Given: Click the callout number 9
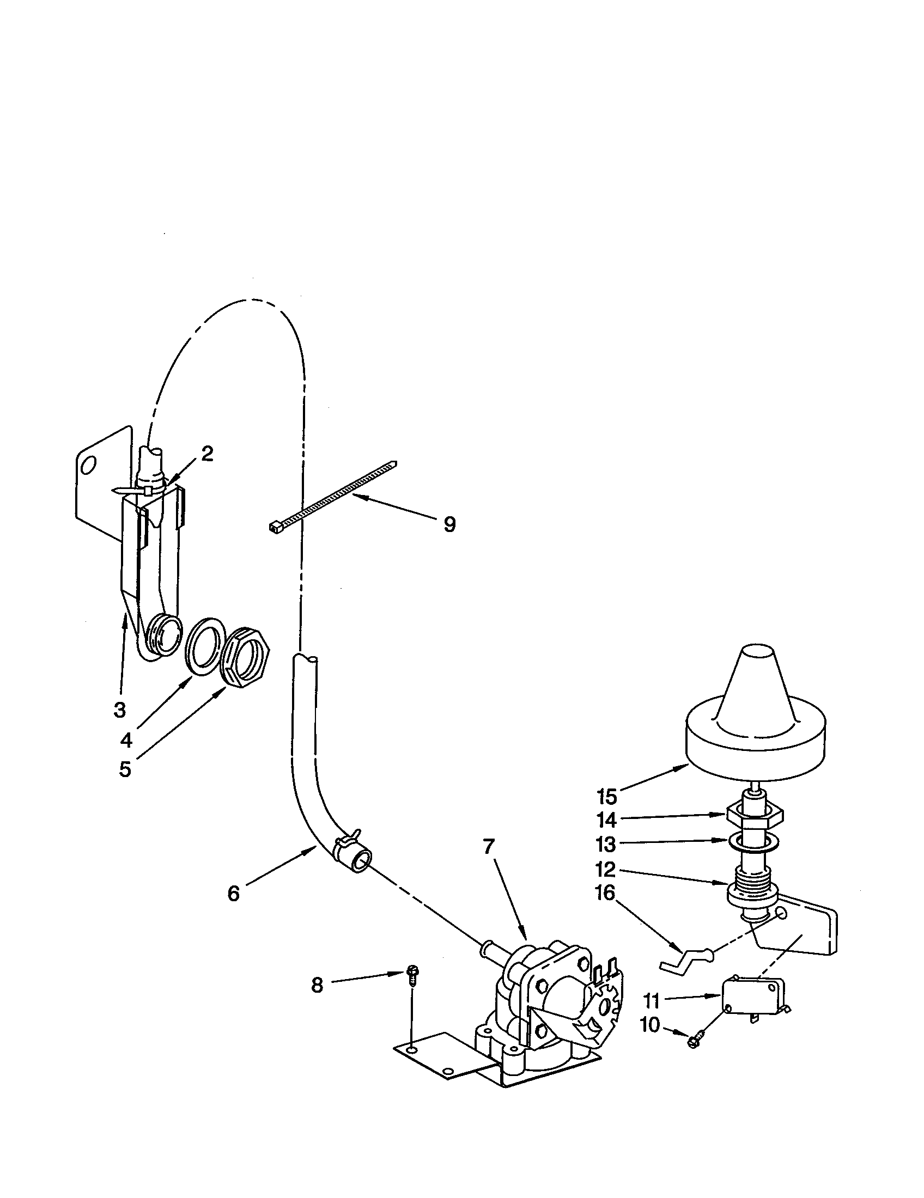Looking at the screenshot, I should coord(449,525).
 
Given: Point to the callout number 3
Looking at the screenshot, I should coord(120,710).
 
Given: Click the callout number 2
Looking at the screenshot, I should coord(206,453).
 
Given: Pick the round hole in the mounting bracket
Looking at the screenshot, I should coord(87,465).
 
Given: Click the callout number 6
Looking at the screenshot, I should coord(234,894).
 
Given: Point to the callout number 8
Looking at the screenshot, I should coord(317,986).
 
